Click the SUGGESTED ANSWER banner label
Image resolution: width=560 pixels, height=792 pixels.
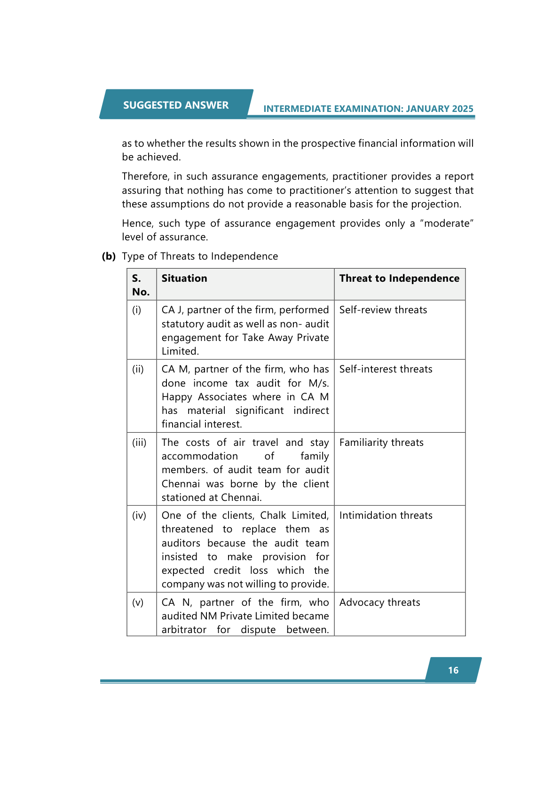pyautogui.click(x=176, y=105)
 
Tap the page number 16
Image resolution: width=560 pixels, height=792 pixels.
pyautogui.click(x=453, y=670)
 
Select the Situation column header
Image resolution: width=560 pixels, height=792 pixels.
pyautogui.click(x=184, y=278)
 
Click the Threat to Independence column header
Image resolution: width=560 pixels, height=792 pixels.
pyautogui.click(x=399, y=278)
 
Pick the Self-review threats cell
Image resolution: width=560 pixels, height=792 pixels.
pyautogui.click(x=383, y=310)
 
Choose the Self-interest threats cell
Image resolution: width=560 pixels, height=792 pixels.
pyautogui.click(x=386, y=369)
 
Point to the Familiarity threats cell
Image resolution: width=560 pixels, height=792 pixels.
pyautogui.click(x=381, y=443)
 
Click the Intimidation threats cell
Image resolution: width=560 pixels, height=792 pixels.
pyautogui.click(x=386, y=515)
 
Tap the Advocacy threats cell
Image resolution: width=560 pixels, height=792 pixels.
pyautogui.click(x=379, y=602)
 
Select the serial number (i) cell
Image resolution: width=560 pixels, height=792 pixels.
pyautogui.click(x=137, y=310)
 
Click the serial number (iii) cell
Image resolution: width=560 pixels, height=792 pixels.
pyautogui.click(x=139, y=443)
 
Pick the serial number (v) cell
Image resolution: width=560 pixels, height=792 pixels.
pyautogui.click(x=138, y=602)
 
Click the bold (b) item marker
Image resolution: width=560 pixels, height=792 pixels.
pyautogui.click(x=109, y=256)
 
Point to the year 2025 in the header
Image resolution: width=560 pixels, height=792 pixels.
pyautogui.click(x=462, y=109)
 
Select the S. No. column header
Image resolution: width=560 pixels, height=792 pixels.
pyautogui.click(x=141, y=285)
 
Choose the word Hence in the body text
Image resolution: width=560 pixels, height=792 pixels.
pyautogui.click(x=137, y=223)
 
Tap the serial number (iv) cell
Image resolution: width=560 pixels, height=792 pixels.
pyautogui.click(x=139, y=515)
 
